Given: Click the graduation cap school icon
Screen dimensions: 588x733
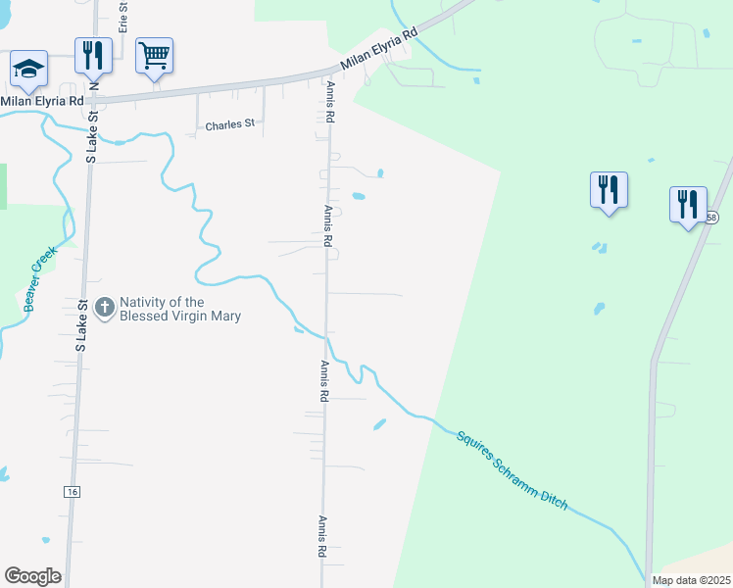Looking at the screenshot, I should coord(28,70).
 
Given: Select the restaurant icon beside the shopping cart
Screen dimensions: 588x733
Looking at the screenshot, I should coord(93,55).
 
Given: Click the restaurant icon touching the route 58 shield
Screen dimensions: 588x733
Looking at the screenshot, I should coord(688,205).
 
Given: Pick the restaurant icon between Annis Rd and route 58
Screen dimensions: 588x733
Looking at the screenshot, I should coord(609,189).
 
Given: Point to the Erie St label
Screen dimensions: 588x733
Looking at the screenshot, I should coord(124,17).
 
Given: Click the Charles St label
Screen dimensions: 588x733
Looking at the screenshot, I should coord(229,124).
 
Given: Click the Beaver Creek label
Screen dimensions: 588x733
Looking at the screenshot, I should coord(41,278).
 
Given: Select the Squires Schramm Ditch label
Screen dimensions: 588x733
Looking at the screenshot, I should coord(512,467).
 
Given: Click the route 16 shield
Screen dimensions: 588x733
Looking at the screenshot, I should coord(73,490).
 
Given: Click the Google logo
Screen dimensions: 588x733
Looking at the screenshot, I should coord(32,576).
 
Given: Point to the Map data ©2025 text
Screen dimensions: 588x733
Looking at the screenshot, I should coord(690,580).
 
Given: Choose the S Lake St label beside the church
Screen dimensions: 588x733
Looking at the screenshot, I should coord(82,325).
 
